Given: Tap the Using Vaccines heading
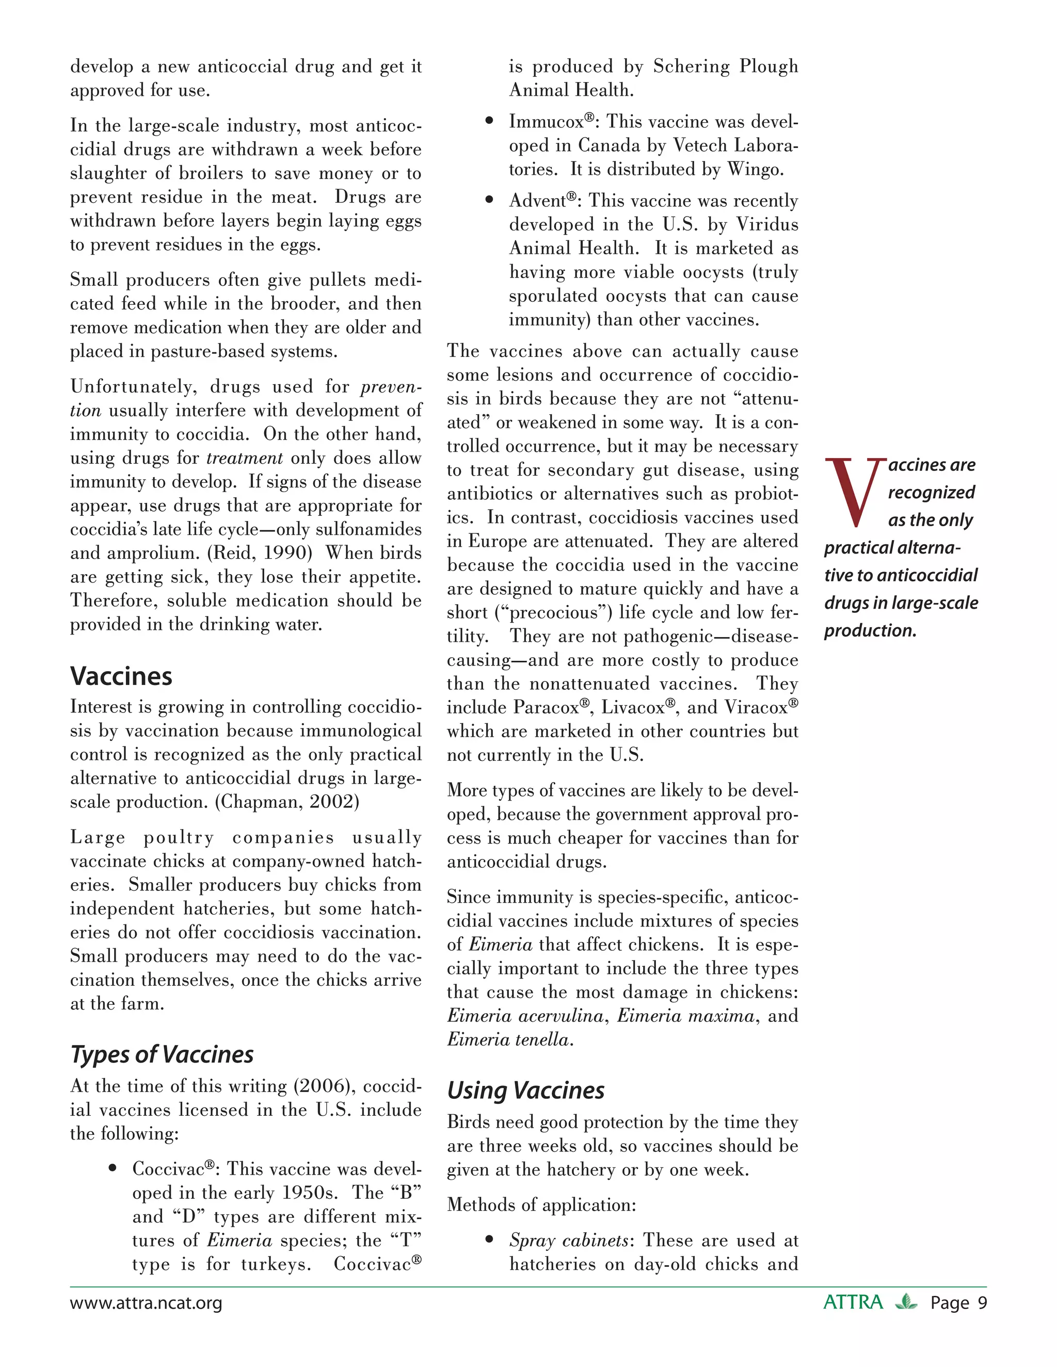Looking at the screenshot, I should (x=525, y=1091).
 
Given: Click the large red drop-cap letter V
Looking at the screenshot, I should (x=855, y=493).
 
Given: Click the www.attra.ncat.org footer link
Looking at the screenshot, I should (x=146, y=1303).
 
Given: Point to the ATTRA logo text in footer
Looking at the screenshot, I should (x=852, y=1302).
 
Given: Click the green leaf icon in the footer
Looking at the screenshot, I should (x=905, y=1302).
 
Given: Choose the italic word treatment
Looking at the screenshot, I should (x=245, y=458).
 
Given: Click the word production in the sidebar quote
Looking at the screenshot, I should (x=869, y=630).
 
